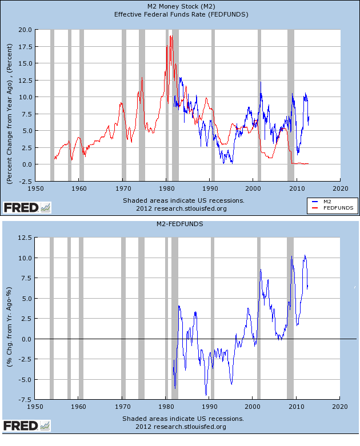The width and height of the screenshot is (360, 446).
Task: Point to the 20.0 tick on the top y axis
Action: [x=24, y=29]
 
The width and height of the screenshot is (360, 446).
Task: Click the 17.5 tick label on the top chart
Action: [x=24, y=46]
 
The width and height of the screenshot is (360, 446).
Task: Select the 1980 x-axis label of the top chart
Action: [x=166, y=187]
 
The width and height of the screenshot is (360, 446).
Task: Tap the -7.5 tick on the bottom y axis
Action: [x=24, y=399]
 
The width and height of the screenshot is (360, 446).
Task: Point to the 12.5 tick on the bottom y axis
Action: [x=24, y=238]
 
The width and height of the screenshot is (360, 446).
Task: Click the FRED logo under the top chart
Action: [x=27, y=207]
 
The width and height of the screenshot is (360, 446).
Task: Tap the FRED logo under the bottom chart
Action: [x=27, y=425]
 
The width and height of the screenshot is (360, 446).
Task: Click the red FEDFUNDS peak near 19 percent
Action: [x=170, y=36]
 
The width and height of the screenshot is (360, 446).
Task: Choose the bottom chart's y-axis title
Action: [x=10, y=317]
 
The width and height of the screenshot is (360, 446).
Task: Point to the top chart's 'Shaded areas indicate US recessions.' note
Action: [x=183, y=200]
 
